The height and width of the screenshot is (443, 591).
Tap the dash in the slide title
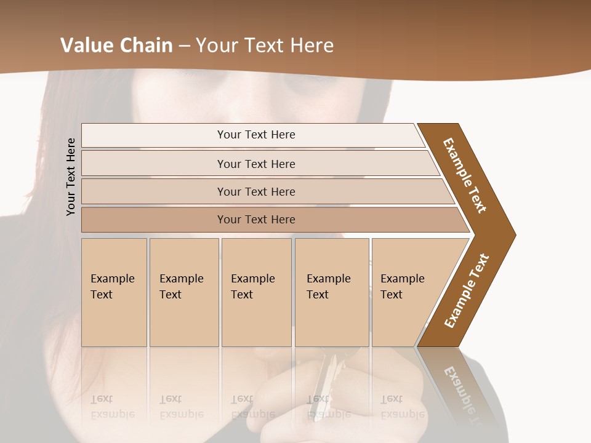coord(184,46)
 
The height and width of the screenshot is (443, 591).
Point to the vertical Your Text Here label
coord(71,177)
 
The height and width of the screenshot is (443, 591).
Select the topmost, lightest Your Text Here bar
coord(255,135)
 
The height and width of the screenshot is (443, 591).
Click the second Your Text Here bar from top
coord(255,164)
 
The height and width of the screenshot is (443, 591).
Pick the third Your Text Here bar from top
coord(255,191)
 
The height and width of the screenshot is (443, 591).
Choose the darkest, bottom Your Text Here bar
coord(255,220)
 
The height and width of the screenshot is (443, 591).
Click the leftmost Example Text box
coord(114,292)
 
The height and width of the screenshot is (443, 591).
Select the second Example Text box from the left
coord(183,292)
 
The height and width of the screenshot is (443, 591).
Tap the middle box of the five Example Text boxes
coord(255,292)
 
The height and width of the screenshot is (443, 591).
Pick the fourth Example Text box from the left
coord(331,292)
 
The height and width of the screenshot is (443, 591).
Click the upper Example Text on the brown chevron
coord(465,175)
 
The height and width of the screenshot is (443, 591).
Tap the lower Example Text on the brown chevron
coord(467,290)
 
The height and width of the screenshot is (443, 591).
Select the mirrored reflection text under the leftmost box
coord(112,407)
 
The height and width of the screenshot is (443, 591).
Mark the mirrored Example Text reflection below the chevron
coord(462,394)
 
